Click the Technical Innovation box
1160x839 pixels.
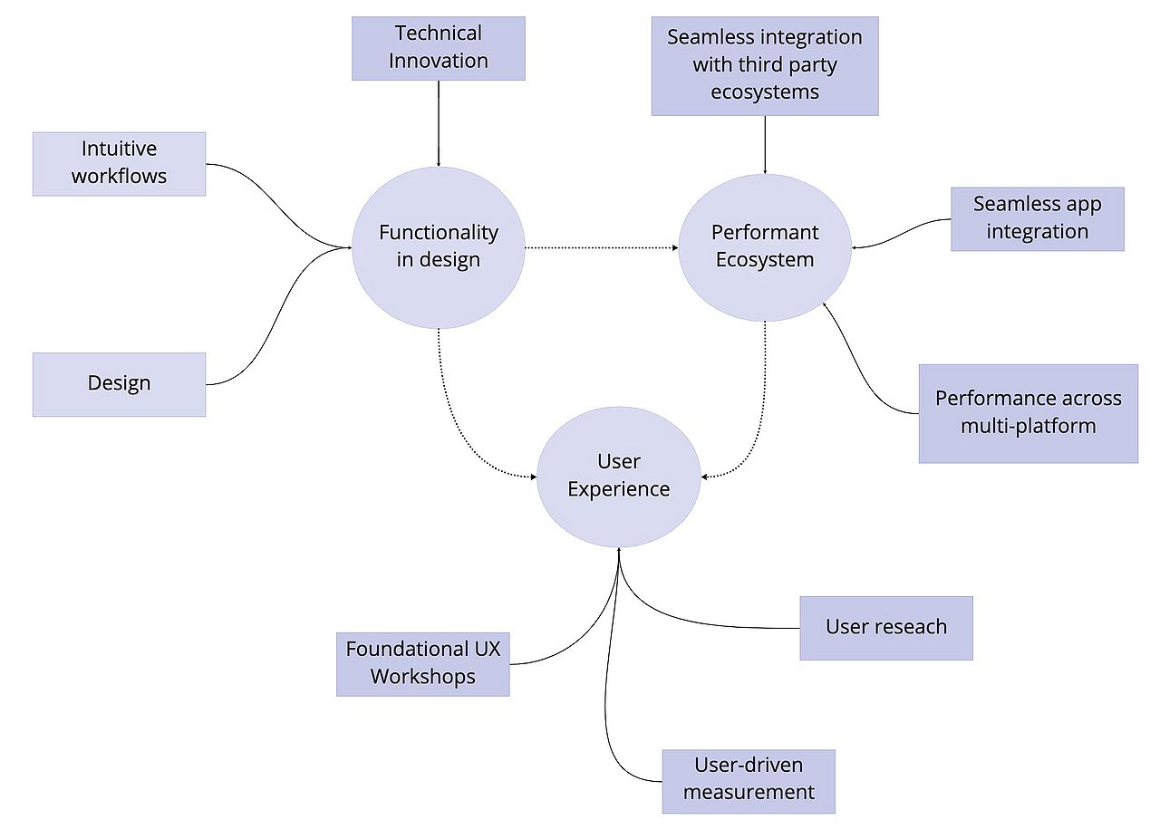tap(439, 47)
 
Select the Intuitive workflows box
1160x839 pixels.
tap(119, 163)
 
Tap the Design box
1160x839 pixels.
tap(119, 383)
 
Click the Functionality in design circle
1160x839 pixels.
tap(439, 246)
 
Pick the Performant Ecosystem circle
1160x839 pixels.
tap(765, 246)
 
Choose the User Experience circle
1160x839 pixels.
tap(619, 476)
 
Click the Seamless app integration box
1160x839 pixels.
tap(1037, 218)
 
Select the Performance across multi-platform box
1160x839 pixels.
tap(1028, 413)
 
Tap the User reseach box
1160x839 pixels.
tap(885, 627)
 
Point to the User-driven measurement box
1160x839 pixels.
tap(749, 780)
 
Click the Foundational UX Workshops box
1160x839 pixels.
tap(422, 663)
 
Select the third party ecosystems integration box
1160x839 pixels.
tap(765, 65)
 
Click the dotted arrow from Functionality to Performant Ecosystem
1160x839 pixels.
tap(602, 246)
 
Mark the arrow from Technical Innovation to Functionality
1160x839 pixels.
tap(439, 123)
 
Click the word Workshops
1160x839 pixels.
tap(422, 677)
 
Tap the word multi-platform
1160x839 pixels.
tap(1028, 426)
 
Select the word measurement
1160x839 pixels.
tap(749, 793)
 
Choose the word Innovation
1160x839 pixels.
tap(439, 61)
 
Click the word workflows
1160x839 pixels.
tap(119, 176)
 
